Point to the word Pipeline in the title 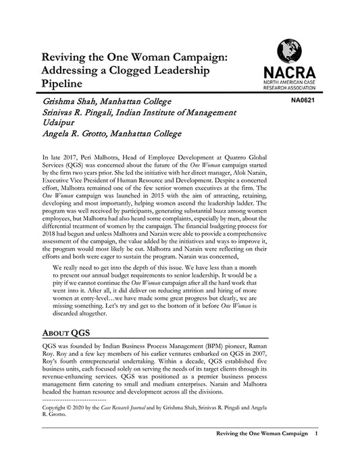pyautogui.click(x=61, y=84)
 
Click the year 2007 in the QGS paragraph pyautogui.click(x=256, y=352)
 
